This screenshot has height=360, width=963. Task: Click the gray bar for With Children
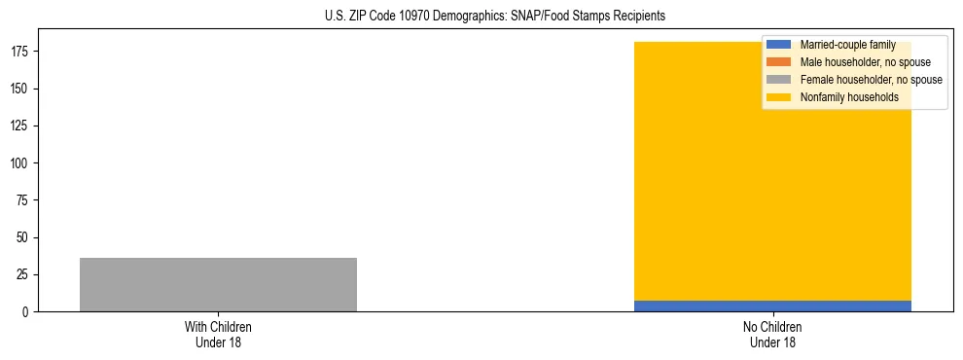218,284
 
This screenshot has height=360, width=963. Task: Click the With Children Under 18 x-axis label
218,334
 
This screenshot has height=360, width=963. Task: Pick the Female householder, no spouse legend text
871,80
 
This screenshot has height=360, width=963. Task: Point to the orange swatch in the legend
778,62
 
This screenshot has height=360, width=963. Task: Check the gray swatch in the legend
778,80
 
